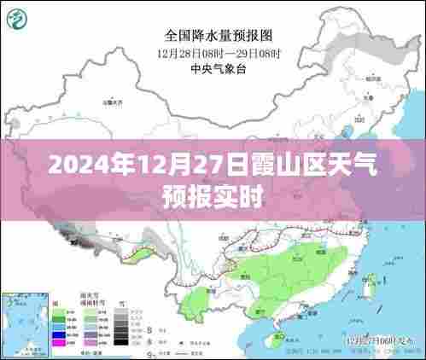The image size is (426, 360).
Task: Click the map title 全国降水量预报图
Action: (213, 36)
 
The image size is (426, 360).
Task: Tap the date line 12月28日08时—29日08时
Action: (213, 53)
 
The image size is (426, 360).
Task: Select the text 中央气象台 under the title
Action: (213, 70)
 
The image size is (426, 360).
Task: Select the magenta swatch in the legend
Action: (59, 342)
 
